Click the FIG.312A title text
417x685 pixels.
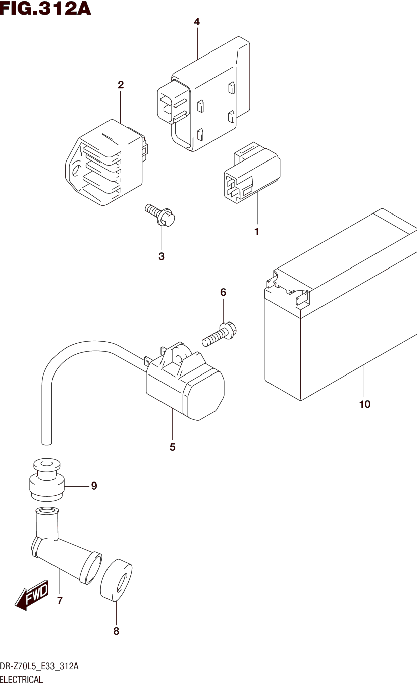(x=45, y=8)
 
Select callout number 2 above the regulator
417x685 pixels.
(x=121, y=85)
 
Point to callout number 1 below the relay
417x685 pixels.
(x=257, y=231)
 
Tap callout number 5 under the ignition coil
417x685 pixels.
(x=173, y=447)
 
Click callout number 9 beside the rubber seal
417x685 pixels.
(x=94, y=486)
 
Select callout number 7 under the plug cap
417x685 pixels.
(x=60, y=601)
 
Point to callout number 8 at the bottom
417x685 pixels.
(x=116, y=631)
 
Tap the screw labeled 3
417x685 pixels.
(x=160, y=215)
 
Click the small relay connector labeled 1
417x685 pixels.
(x=252, y=174)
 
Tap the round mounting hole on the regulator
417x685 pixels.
(x=76, y=170)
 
